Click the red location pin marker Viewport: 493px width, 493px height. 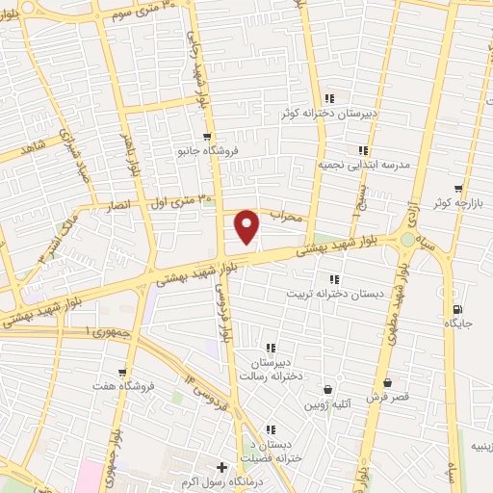tap(248, 225)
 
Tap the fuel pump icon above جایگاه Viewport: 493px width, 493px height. tap(456, 308)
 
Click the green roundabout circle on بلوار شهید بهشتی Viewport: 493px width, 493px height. tap(408, 239)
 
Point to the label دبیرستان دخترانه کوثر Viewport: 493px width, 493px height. tap(325, 114)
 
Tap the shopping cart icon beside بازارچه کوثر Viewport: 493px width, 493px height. tap(458, 190)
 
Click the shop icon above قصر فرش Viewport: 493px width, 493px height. tap(387, 383)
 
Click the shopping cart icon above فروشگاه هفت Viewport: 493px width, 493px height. tap(122, 372)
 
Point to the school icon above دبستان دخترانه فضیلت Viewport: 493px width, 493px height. tap(271, 429)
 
